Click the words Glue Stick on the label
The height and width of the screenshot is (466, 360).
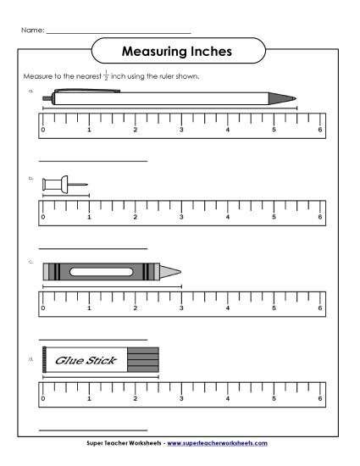tap(79, 360)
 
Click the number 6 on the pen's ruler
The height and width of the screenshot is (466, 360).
tap(320, 130)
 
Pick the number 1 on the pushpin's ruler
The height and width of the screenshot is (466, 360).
tap(89, 218)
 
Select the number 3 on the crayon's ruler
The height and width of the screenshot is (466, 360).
tap(181, 308)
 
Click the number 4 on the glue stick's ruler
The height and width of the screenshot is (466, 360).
tap(228, 398)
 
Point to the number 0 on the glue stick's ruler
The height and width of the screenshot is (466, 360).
tap(43, 398)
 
